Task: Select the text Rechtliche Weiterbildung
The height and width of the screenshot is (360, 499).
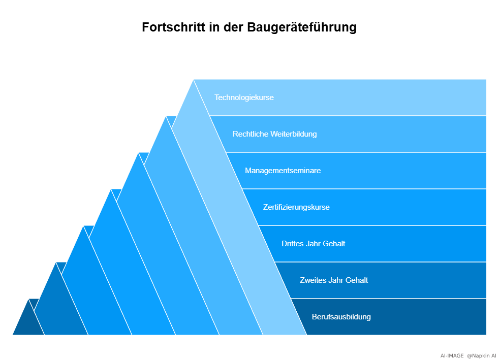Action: coord(274,134)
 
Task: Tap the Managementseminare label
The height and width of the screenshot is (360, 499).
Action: coord(283,171)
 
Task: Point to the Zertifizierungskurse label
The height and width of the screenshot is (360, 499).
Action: coord(296,207)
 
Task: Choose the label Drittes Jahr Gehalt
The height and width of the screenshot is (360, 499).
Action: coord(313,244)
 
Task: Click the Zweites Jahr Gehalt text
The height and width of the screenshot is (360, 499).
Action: coord(333,280)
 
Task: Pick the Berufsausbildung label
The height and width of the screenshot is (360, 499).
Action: coord(341,317)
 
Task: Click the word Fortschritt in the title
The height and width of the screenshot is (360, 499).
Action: coord(173,27)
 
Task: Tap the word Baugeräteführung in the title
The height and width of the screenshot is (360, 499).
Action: coord(302,27)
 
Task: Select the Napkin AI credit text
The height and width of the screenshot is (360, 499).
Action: coord(482,356)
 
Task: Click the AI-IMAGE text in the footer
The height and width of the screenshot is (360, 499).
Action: coord(452,356)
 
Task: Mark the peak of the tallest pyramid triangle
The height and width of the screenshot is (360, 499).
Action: coord(194,81)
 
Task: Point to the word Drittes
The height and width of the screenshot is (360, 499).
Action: coord(293,244)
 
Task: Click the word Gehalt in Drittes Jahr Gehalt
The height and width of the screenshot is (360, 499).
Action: coord(334,244)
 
